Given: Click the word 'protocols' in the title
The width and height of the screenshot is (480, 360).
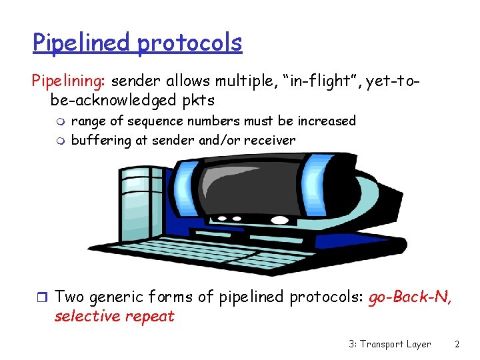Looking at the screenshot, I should pyautogui.click(x=190, y=43).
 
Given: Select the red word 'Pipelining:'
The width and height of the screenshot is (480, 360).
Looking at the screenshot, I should pyautogui.click(x=70, y=81).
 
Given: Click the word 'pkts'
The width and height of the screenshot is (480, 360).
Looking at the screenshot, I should pyautogui.click(x=197, y=101).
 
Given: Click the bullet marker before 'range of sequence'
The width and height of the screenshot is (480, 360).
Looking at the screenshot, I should pyautogui.click(x=60, y=121).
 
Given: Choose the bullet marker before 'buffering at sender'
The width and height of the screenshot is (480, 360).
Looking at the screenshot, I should pyautogui.click(x=60, y=140).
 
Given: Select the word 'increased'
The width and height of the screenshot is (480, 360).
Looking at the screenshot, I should pyautogui.click(x=327, y=121).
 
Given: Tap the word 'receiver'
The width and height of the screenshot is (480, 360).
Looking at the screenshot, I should pyautogui.click(x=269, y=140).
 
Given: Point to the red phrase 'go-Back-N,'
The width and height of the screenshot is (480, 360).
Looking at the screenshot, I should pyautogui.click(x=410, y=297).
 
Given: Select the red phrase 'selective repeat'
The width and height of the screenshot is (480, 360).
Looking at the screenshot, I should pyautogui.click(x=114, y=316).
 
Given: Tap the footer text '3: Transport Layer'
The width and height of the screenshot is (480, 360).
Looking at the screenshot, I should pyautogui.click(x=389, y=344).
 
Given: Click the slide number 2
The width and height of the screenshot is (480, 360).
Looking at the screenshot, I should pyautogui.click(x=457, y=344).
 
